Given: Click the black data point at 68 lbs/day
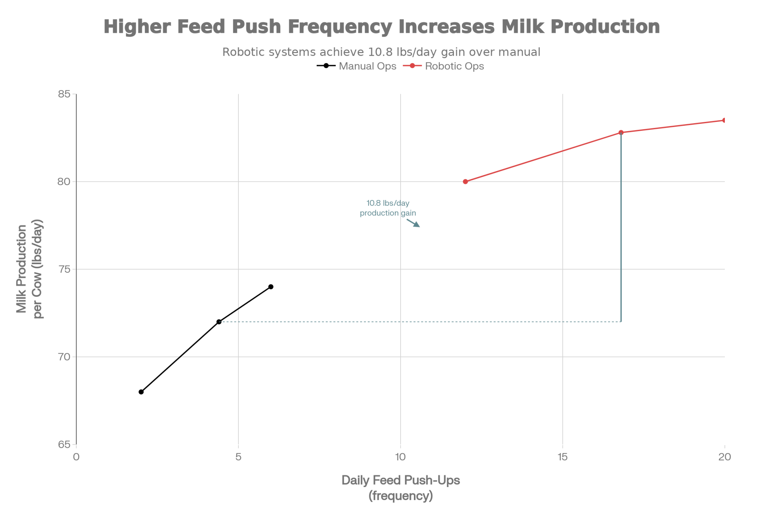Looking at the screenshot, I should (141, 392).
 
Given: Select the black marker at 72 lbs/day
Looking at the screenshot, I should (219, 322).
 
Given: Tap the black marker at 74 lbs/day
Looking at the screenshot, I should (271, 287).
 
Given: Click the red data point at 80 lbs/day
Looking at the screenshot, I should (465, 182).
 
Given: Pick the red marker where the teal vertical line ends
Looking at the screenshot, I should (621, 133).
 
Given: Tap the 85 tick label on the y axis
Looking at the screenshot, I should (64, 94).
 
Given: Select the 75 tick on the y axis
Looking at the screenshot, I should (64, 269).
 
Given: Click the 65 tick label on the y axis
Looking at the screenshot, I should (64, 445).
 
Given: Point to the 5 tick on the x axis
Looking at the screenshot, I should (238, 457).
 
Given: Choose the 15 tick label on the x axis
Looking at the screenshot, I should (563, 457).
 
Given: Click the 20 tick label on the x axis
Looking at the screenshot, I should (724, 457).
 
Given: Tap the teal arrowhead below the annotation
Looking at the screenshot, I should (417, 225).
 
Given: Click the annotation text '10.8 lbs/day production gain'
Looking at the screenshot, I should (388, 208).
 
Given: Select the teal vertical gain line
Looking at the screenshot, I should (621, 229).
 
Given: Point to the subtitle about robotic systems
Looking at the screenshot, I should (381, 52).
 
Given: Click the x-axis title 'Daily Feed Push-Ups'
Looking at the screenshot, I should (401, 480).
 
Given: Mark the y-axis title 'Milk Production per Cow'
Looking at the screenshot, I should (30, 269).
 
